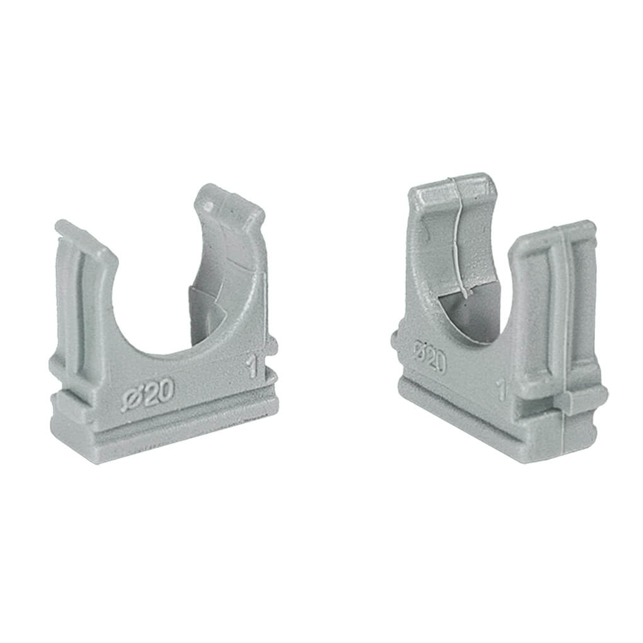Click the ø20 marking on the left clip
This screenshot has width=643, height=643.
[x=146, y=394]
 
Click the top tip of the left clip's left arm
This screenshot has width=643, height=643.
[x=62, y=224]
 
